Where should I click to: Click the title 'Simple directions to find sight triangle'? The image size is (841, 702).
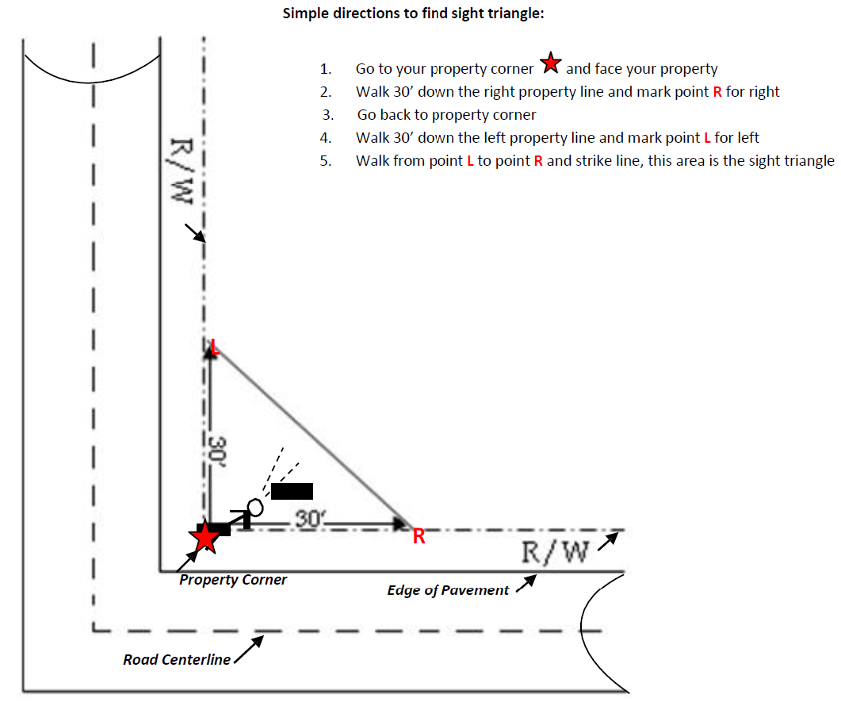pyautogui.click(x=413, y=13)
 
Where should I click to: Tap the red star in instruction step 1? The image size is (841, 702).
pyautogui.click(x=550, y=63)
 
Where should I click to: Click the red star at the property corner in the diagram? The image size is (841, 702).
pyautogui.click(x=205, y=537)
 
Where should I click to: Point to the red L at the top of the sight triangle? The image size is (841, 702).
pyautogui.click(x=215, y=347)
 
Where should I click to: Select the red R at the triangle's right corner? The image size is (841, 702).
pyautogui.click(x=419, y=536)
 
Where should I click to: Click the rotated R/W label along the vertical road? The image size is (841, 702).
pyautogui.click(x=182, y=171)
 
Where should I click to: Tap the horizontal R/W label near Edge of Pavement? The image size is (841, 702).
pyautogui.click(x=555, y=552)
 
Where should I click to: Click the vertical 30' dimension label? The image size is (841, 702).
pyautogui.click(x=217, y=451)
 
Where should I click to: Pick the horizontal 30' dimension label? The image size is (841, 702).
pyautogui.click(x=311, y=519)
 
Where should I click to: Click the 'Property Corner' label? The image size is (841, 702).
pyautogui.click(x=233, y=580)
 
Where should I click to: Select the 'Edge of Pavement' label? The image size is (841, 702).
pyautogui.click(x=448, y=590)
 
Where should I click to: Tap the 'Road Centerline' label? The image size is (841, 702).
pyautogui.click(x=177, y=660)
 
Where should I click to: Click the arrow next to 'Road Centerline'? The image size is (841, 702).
pyautogui.click(x=250, y=650)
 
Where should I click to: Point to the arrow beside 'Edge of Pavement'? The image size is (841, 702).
pyautogui.click(x=526, y=584)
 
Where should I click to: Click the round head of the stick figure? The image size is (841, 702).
pyautogui.click(x=255, y=507)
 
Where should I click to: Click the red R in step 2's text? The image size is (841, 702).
pyautogui.click(x=717, y=92)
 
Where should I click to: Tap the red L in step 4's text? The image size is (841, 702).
pyautogui.click(x=707, y=138)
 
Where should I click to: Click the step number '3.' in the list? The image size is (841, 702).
pyautogui.click(x=327, y=115)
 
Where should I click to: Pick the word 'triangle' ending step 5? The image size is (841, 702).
pyautogui.click(x=809, y=161)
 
